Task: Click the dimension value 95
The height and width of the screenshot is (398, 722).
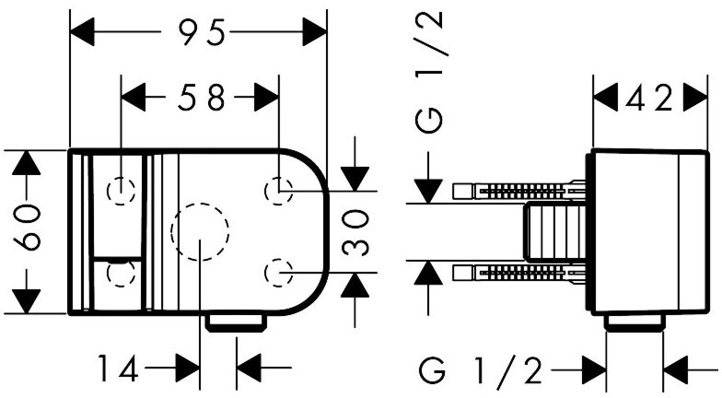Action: [x=202, y=34]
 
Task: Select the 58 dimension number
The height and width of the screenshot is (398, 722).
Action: [x=203, y=98]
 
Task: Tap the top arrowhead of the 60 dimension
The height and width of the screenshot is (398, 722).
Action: [x=29, y=164]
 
